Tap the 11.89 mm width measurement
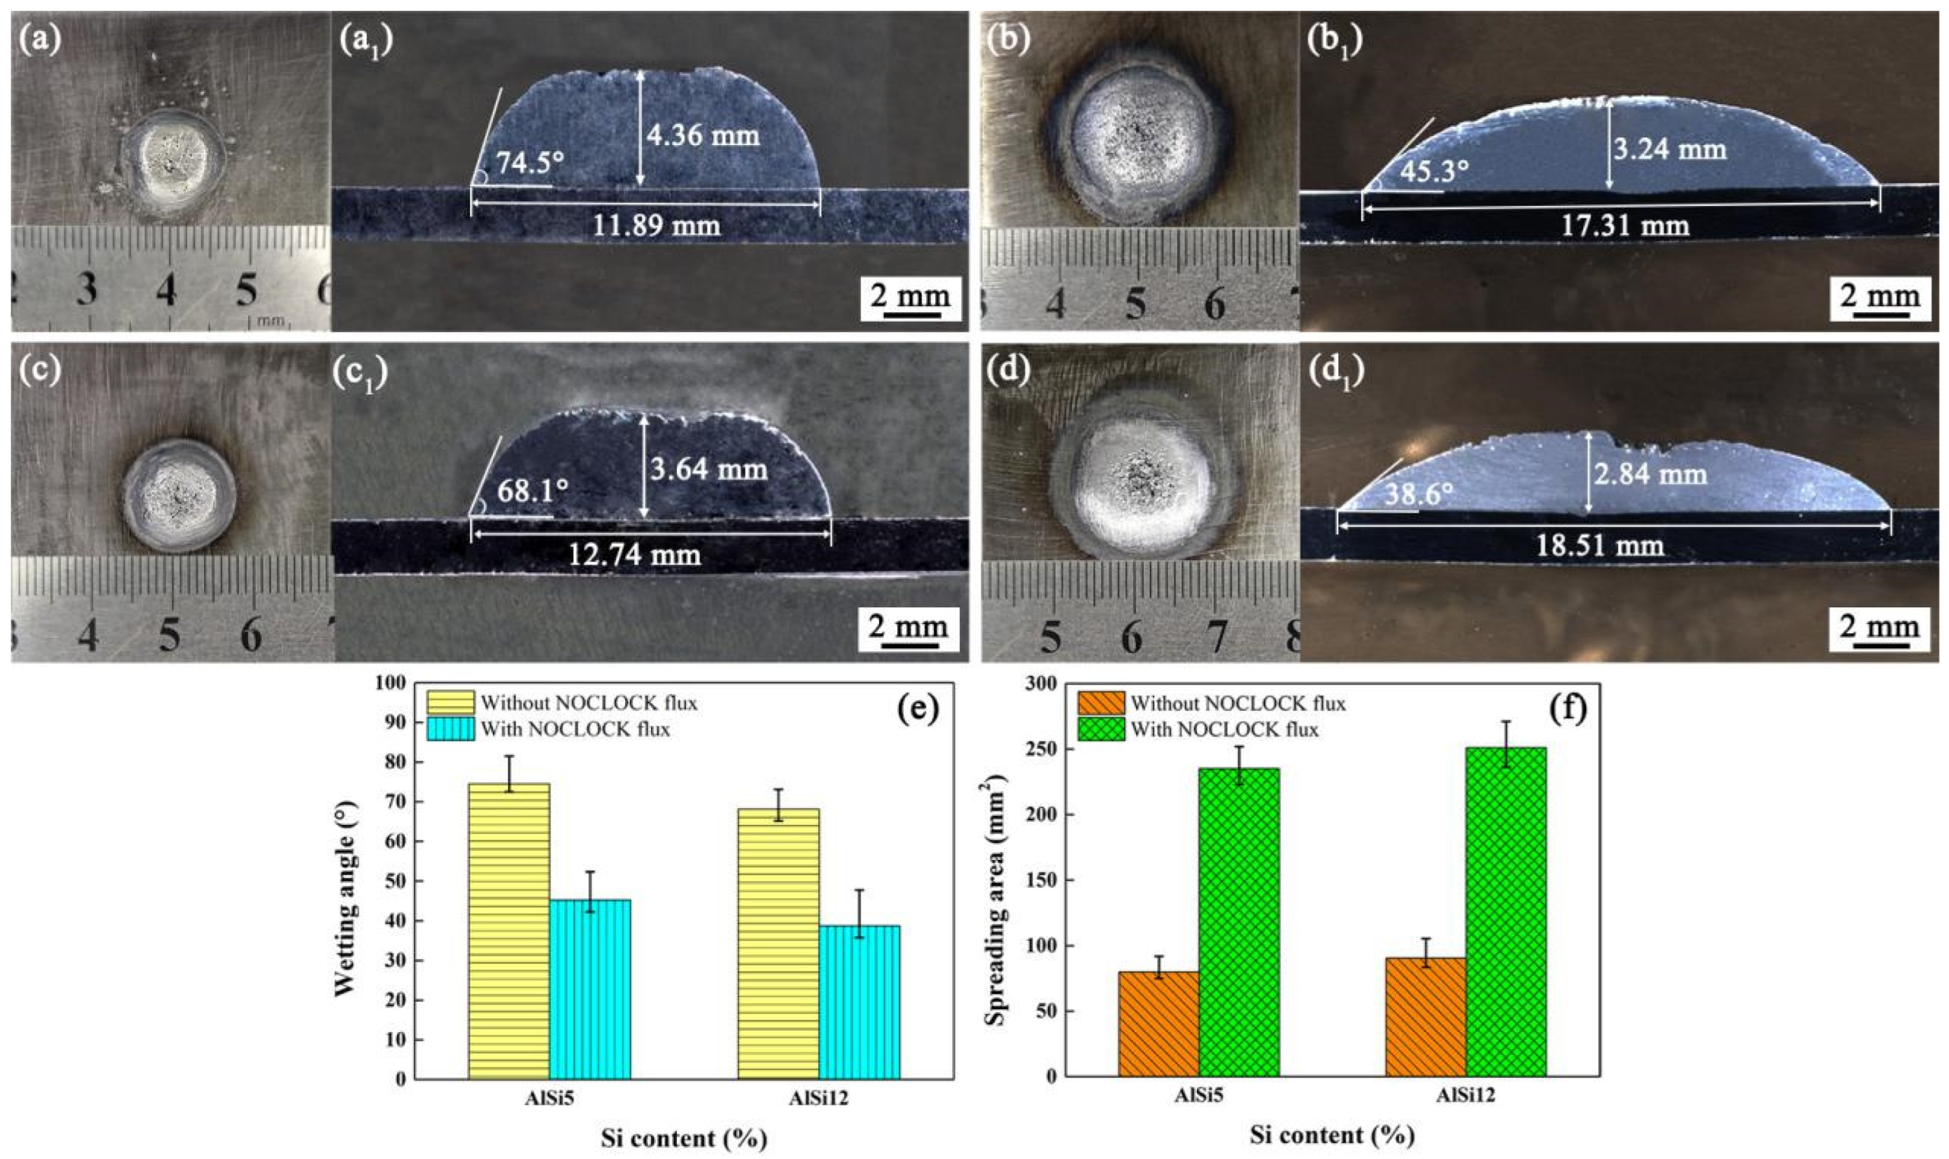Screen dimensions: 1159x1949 [x=656, y=226]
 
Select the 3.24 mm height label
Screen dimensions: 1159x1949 [x=1670, y=149]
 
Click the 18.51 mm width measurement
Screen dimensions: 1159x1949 [x=1600, y=545]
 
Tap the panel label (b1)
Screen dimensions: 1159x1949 [x=1335, y=41]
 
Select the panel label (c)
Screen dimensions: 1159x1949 [x=41, y=370]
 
